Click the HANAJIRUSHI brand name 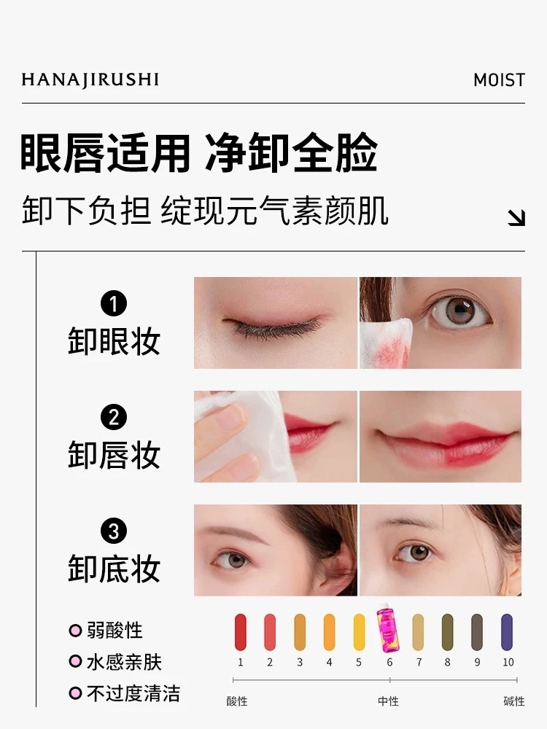[x=90, y=80]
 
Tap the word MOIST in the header [x=499, y=80]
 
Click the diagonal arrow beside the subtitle [x=516, y=217]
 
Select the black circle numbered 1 [x=114, y=303]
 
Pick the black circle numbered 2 [x=114, y=417]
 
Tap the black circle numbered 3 [x=114, y=531]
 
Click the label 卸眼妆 [x=114, y=340]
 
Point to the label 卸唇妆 [x=114, y=455]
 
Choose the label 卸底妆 [x=114, y=568]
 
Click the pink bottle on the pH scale [x=388, y=628]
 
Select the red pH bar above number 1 [x=241, y=632]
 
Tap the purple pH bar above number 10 [x=507, y=632]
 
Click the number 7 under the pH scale [x=419, y=662]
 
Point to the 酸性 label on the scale [x=237, y=701]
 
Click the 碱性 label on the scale [x=514, y=701]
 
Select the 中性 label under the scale [x=389, y=701]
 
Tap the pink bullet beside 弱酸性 [x=75, y=631]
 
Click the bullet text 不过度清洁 [x=133, y=694]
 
